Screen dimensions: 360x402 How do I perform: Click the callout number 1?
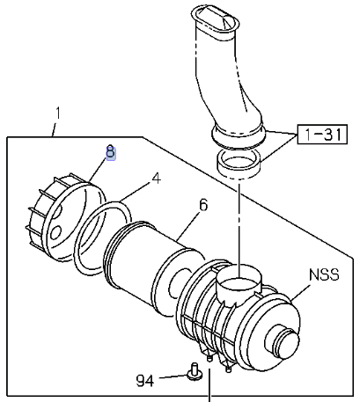[58, 113]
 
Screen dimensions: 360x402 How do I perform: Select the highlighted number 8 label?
[111, 152]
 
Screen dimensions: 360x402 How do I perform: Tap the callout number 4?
[157, 179]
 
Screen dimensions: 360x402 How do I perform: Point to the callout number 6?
[203, 205]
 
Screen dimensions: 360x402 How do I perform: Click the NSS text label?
[324, 275]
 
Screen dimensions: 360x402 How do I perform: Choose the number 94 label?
[145, 381]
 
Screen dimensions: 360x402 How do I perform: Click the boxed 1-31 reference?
[323, 135]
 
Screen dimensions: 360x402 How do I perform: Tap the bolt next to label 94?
[195, 372]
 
